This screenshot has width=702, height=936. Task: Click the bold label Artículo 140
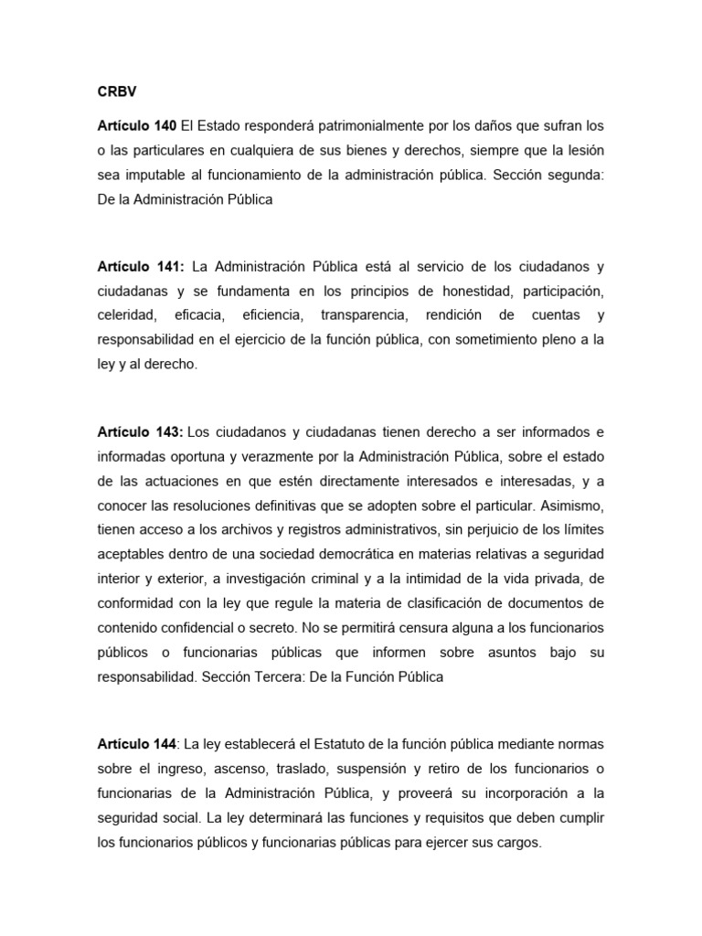coord(136,125)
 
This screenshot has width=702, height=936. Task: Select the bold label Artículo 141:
coord(141,267)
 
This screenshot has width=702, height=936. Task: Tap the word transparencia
coord(362,315)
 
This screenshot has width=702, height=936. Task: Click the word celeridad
coord(126,315)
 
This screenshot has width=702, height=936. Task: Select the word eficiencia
coord(271,315)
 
